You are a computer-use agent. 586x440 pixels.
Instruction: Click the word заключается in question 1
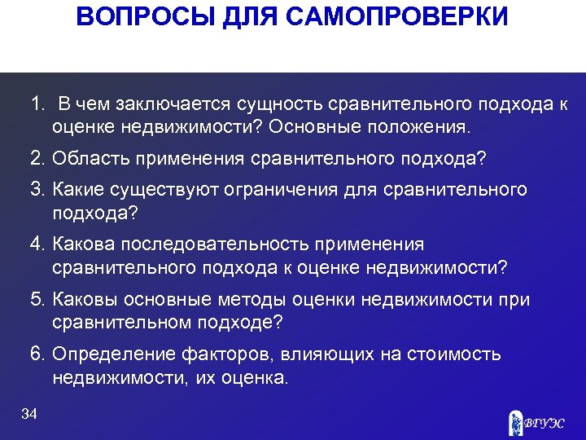[x=173, y=105]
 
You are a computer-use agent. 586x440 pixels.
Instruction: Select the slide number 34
[x=29, y=415]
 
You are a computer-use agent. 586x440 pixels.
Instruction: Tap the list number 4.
[x=37, y=244]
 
